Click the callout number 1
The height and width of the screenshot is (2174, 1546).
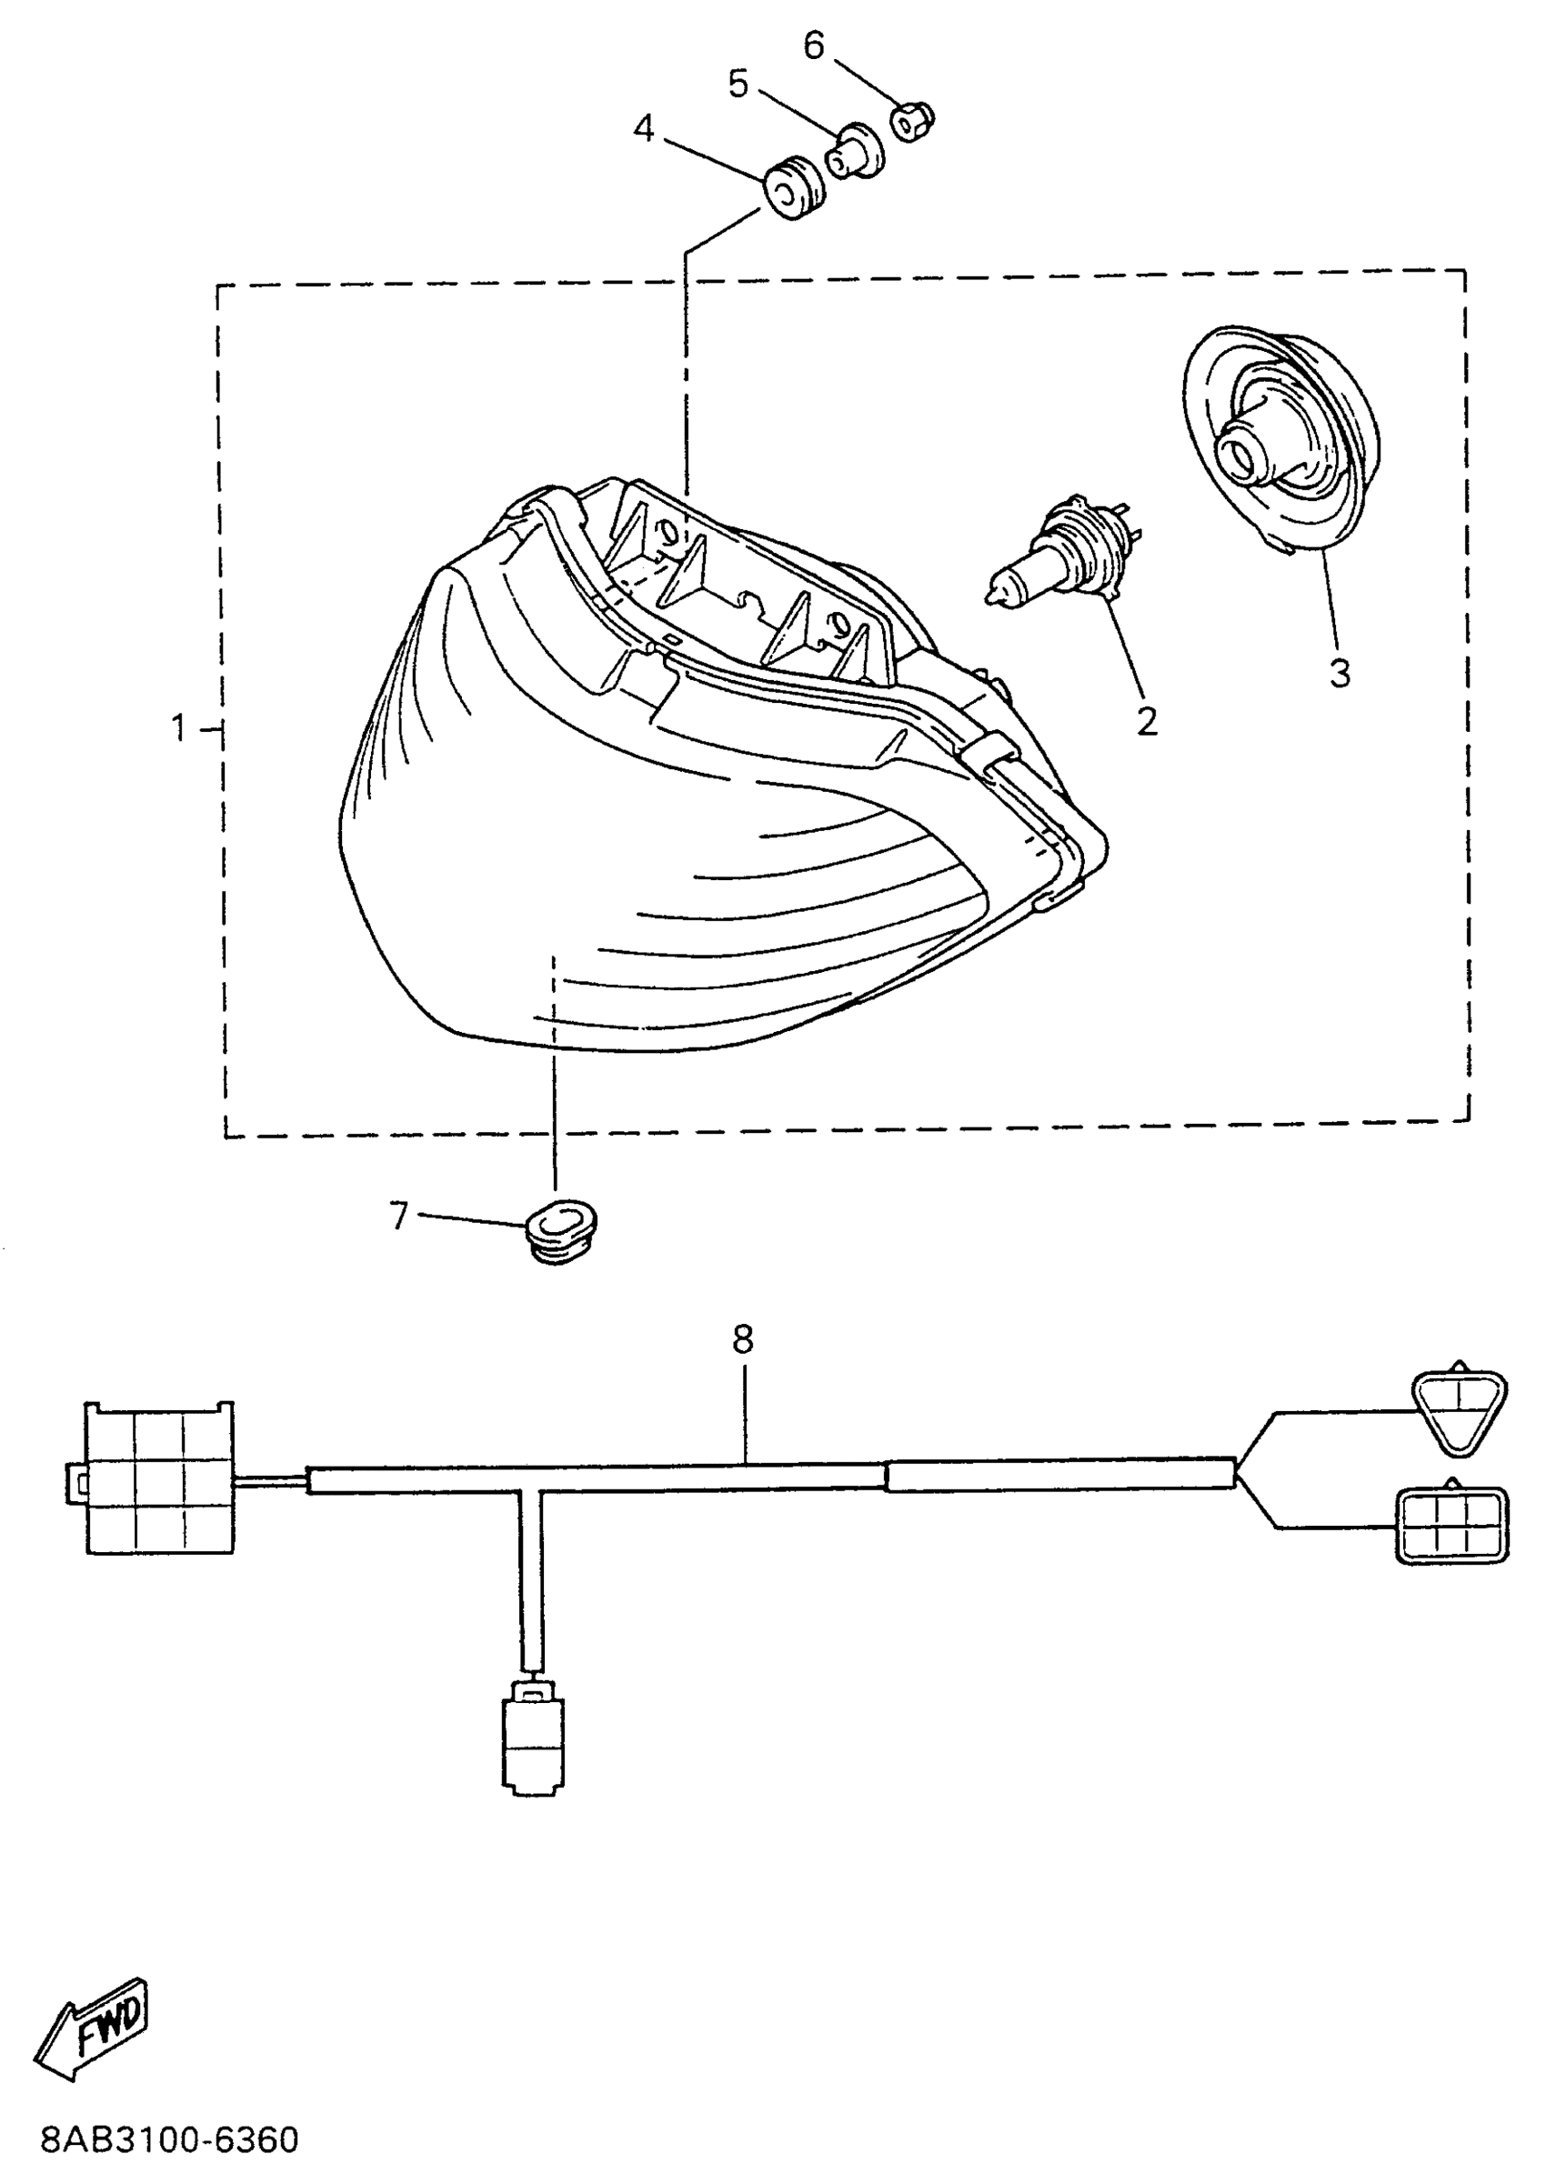(179, 729)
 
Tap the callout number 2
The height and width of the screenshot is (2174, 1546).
(1147, 722)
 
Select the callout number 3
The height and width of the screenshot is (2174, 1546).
(1340, 673)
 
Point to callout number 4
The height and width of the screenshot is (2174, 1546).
(645, 128)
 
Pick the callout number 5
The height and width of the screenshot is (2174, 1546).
(738, 84)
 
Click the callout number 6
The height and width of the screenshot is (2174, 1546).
(813, 45)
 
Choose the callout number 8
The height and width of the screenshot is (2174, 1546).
(743, 1339)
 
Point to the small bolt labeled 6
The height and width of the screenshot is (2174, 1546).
(912, 122)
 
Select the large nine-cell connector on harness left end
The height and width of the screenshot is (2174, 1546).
(159, 1477)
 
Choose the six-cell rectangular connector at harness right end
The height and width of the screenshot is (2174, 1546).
(1451, 1526)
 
